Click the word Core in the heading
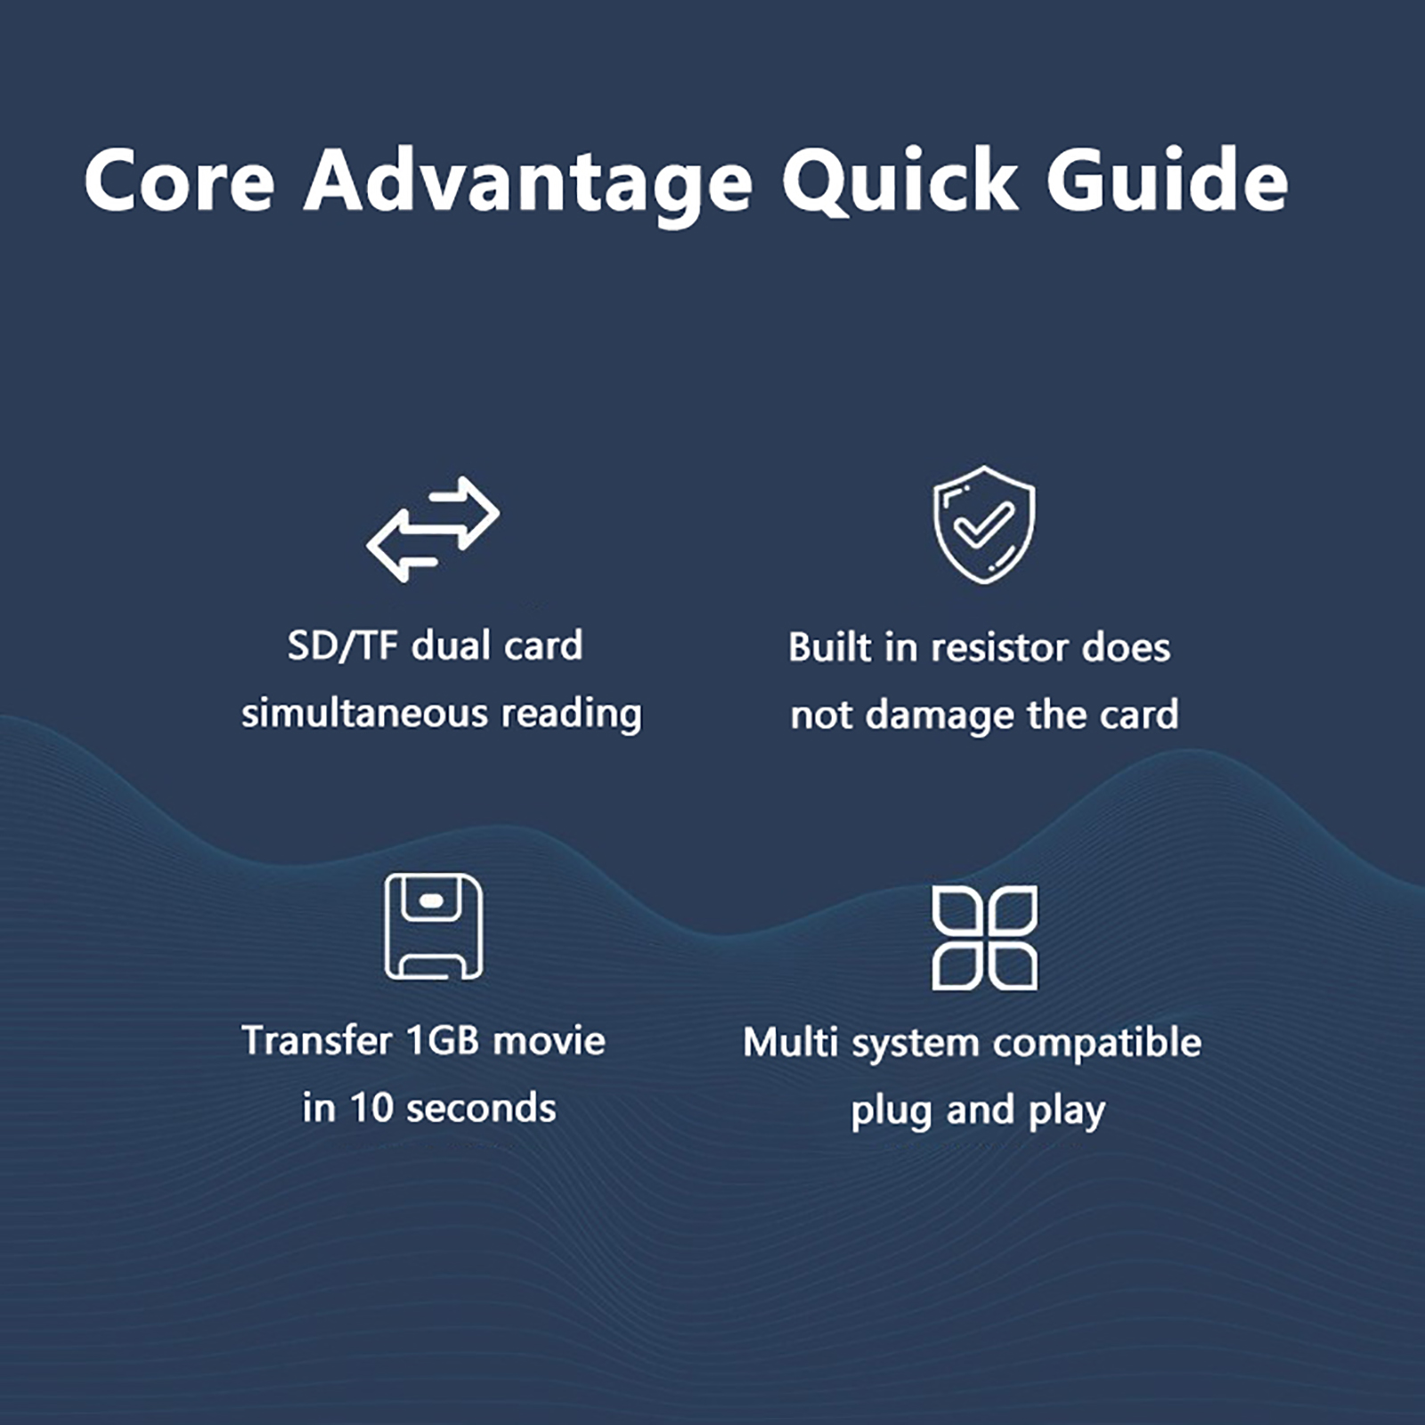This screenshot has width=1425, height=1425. [180, 181]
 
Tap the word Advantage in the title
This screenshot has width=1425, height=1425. [528, 183]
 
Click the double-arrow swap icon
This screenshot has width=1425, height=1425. [433, 529]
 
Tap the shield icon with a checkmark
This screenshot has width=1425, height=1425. [984, 525]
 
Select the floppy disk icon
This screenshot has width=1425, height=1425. [434, 926]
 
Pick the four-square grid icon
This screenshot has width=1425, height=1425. [984, 938]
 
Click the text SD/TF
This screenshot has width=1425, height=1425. [342, 647]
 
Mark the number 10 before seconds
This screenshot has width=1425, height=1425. [371, 1108]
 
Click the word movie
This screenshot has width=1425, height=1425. [550, 1040]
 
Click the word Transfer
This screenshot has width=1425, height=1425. [317, 1040]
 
